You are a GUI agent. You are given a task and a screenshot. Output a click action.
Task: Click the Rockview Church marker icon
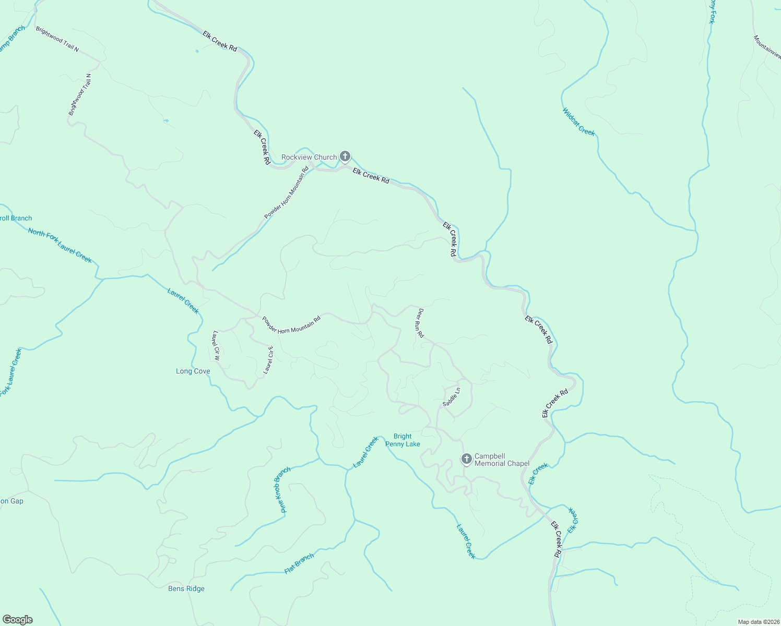(345, 156)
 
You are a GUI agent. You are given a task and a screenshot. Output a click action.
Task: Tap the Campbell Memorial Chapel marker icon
(466, 459)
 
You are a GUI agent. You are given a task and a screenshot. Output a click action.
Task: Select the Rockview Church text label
(309, 157)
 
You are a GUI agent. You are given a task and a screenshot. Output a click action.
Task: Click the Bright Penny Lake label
(403, 440)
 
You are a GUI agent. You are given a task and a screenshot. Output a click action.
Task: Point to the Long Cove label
(193, 371)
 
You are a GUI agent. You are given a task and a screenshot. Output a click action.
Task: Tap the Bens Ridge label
(186, 588)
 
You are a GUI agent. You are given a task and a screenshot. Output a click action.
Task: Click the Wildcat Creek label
(578, 122)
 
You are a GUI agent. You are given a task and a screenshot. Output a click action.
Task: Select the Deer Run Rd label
(419, 322)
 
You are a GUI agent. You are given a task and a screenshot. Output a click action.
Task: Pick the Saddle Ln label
(452, 397)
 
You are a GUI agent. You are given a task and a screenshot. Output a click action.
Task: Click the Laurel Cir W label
(216, 346)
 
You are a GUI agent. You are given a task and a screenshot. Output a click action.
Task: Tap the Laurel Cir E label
(268, 360)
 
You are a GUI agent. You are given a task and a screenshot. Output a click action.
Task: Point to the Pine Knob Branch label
(282, 490)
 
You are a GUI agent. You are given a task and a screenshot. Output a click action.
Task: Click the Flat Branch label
(299, 563)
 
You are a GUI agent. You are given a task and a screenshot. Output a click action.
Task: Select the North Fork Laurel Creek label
(60, 246)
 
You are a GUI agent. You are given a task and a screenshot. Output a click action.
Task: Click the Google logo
(17, 620)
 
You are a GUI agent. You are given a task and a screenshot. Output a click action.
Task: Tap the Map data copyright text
(758, 622)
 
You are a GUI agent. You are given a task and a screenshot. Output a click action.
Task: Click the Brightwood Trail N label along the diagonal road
(57, 39)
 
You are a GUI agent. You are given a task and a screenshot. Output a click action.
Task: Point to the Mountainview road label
(767, 46)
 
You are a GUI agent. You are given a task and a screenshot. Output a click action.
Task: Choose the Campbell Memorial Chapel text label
(502, 460)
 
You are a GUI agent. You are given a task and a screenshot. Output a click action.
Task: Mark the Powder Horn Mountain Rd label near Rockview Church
(287, 193)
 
